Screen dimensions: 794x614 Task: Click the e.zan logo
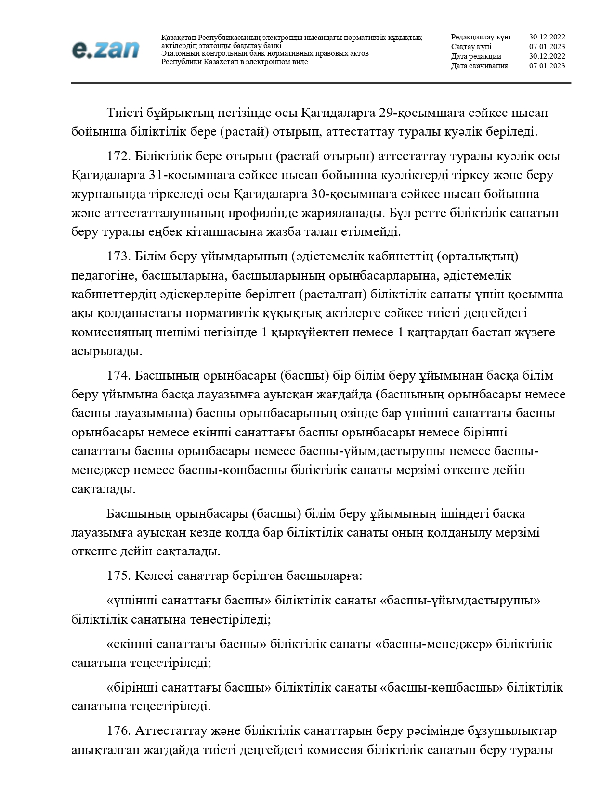(x=105, y=50)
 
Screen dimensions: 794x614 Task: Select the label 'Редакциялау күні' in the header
(x=481, y=37)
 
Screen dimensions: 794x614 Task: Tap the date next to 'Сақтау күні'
(x=547, y=47)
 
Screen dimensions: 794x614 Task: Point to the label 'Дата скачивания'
(x=479, y=66)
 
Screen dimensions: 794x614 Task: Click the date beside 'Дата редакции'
(x=547, y=56)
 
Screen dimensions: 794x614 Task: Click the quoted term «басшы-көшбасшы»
(x=441, y=688)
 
